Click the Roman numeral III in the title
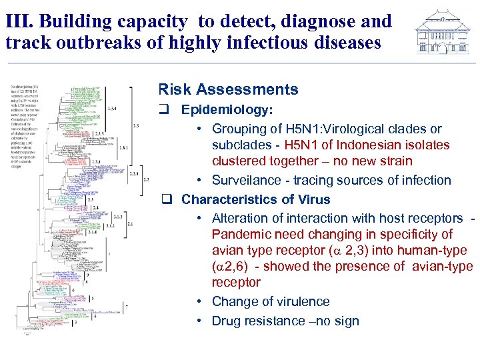click(x=17, y=21)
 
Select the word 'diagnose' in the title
click(x=317, y=21)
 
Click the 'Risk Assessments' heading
click(x=228, y=89)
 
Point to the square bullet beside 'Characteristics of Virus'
click(x=167, y=199)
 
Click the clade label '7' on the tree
click(x=127, y=306)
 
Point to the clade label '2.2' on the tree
click(x=146, y=179)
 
